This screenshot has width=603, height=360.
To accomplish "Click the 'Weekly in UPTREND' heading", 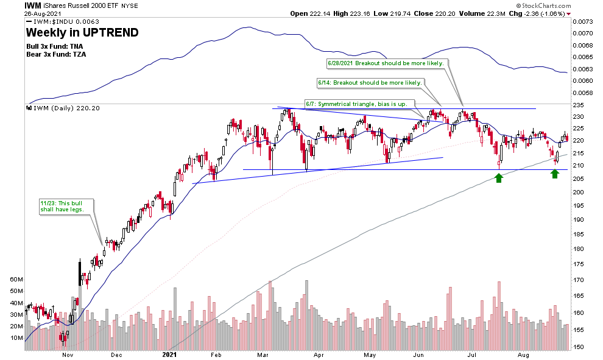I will tap(82, 32).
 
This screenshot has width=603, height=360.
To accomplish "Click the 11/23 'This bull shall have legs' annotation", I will tap(62, 205).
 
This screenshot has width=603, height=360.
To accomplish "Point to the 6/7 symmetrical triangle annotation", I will tap(359, 104).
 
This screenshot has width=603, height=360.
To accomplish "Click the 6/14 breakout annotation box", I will tap(370, 82).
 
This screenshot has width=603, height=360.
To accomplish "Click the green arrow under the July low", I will tap(499, 177).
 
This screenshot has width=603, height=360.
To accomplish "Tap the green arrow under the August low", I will tap(555, 174).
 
